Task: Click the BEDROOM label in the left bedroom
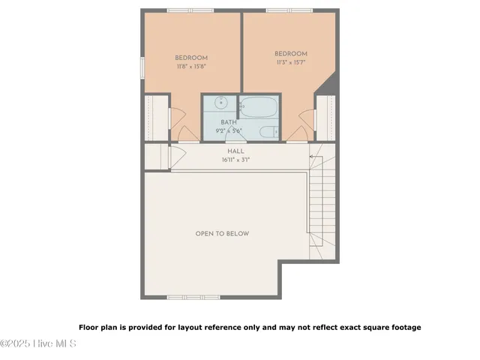(191, 58)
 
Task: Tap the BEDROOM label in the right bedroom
(291, 53)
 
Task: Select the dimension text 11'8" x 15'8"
(191, 66)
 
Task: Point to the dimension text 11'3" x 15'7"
(291, 61)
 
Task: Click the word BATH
(229, 122)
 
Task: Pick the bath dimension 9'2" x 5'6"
(229, 130)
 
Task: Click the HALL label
(235, 151)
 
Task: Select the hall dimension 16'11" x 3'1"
(235, 159)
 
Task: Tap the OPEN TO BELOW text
(222, 234)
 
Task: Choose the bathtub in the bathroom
(259, 106)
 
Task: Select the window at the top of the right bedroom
(289, 10)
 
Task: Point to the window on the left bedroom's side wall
(142, 66)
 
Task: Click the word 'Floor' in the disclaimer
(89, 327)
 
